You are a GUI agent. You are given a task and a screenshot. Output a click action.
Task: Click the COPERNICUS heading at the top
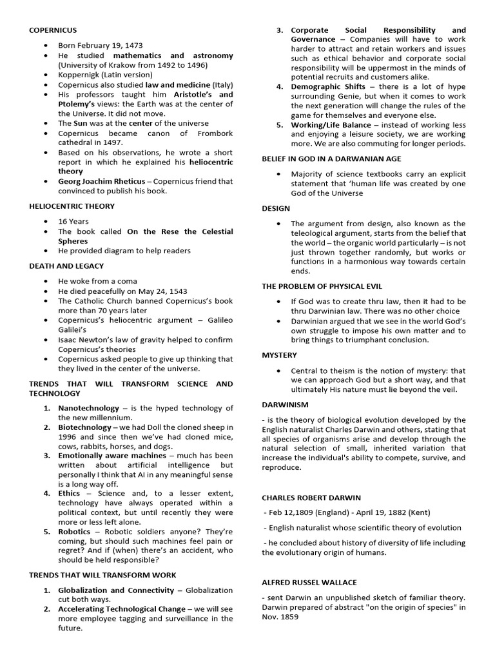click(53, 30)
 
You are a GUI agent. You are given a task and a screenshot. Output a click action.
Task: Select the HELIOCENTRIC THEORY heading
click(72, 206)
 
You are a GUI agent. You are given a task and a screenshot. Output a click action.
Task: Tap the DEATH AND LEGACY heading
click(66, 266)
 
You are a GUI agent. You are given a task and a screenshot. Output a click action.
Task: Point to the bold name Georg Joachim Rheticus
click(101, 181)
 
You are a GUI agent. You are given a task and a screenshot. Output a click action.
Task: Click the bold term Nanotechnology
click(88, 408)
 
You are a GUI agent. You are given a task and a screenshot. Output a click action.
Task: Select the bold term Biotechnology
click(84, 427)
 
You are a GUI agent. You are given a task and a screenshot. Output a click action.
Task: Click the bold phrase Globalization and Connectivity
click(116, 590)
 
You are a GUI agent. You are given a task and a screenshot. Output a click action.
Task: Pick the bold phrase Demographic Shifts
click(328, 86)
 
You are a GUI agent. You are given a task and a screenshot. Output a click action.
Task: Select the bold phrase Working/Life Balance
click(331, 124)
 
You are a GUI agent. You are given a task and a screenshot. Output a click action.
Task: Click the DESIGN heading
click(276, 209)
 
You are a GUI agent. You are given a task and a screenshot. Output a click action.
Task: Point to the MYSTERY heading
click(279, 355)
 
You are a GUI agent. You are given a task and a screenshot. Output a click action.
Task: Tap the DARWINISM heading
click(285, 405)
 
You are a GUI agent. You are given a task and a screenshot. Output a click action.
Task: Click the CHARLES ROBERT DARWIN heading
click(311, 498)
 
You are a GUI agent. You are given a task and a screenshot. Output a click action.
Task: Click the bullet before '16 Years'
click(47, 221)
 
